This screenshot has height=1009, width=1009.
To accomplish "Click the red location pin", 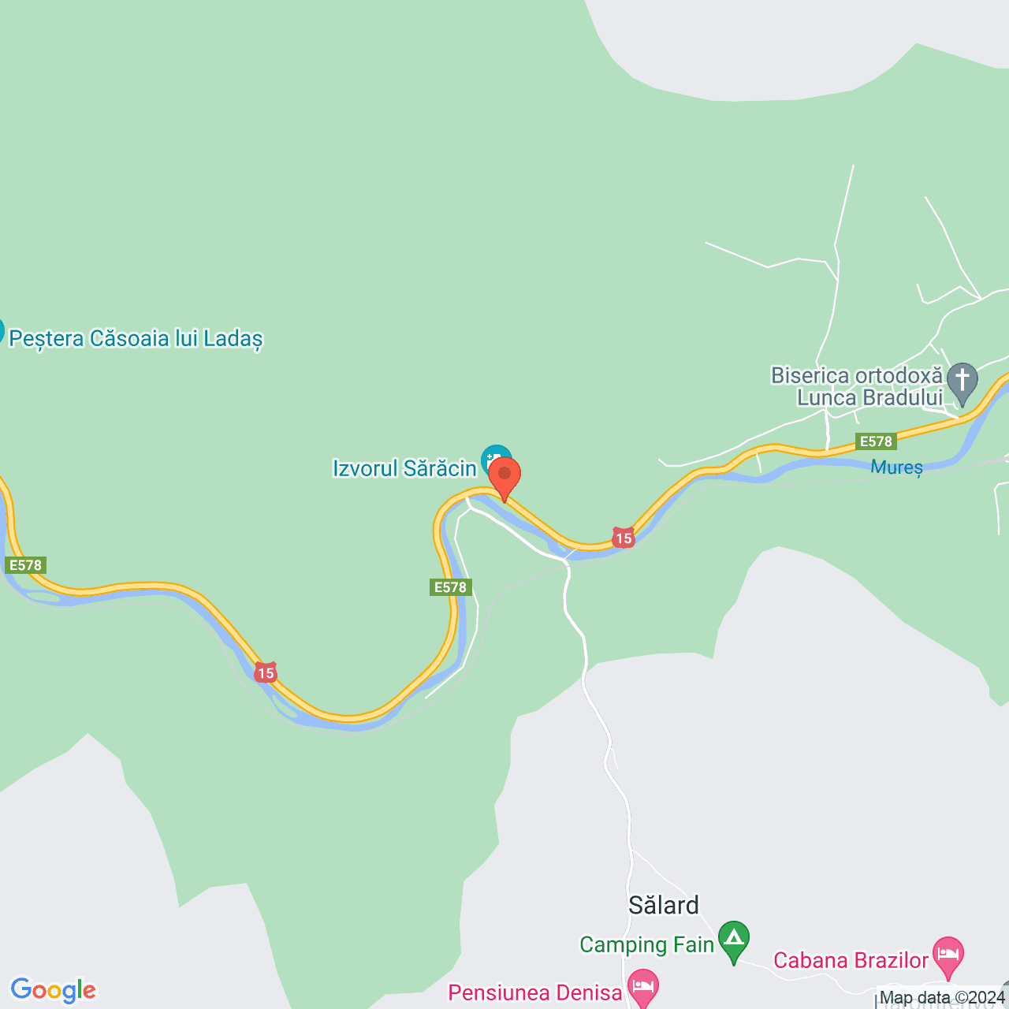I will pos(504,475).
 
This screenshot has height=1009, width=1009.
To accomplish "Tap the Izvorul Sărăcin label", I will pos(404,468).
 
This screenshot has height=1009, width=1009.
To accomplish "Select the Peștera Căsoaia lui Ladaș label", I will pos(136,339).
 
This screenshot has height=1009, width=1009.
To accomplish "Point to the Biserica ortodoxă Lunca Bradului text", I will pos(858,386).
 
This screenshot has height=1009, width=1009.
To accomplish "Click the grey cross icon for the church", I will pos(962,382).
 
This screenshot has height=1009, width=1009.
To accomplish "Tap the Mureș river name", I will pos(896,467).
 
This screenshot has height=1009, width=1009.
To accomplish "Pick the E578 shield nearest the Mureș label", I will pos(876,441).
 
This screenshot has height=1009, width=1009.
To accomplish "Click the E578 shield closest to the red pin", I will pos(451,587).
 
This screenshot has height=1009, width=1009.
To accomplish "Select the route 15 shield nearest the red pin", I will pos(624,538).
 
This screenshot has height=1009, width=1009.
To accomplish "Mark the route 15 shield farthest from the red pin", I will pos(266,672).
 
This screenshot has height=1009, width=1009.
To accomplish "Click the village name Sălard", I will pos(664,905).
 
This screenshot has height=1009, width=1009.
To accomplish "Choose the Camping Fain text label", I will pos(646,944).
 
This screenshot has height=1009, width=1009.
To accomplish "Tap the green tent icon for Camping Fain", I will pos(734,940).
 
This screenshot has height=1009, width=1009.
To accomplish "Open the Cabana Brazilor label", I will pos(851,960).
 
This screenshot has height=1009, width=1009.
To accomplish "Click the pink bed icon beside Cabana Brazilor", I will pos(948,955).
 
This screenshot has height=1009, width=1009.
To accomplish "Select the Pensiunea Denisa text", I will pos(535,992).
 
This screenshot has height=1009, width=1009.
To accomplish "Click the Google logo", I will pos(54,990).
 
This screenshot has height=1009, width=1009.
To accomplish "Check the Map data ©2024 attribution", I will pos(942,998).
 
